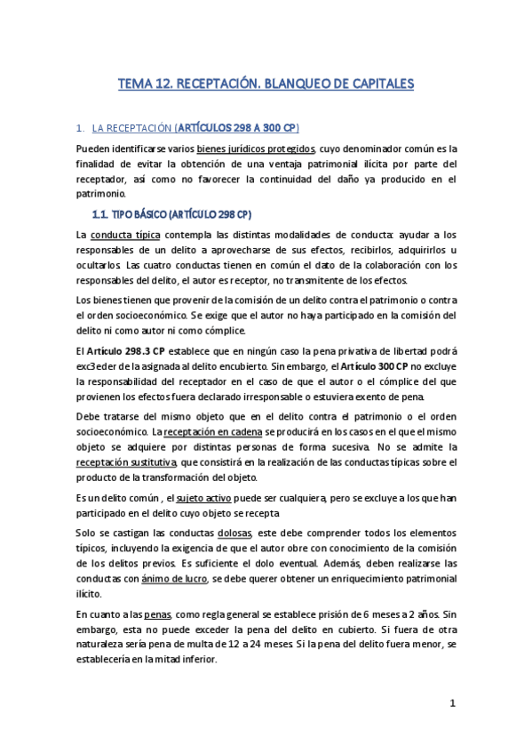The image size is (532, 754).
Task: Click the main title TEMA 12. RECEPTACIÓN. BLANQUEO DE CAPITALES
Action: tap(266, 84)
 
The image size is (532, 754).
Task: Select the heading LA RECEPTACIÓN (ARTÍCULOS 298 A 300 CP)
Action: tap(202, 128)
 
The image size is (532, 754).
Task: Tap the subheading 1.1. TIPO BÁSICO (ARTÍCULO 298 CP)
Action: tap(172, 214)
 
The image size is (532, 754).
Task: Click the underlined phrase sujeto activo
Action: tap(202, 497)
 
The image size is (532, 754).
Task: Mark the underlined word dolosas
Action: tap(234, 532)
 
